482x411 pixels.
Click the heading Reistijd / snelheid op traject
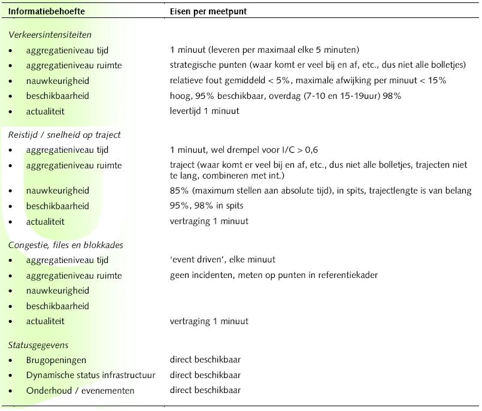[65, 135]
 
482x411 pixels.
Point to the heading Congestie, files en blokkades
[66, 245]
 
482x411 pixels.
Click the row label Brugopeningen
[56, 360]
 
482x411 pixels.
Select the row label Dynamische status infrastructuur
[90, 375]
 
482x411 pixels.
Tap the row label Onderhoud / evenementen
[80, 391]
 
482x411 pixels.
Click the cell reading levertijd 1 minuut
[205, 111]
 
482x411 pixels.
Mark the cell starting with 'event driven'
[223, 260]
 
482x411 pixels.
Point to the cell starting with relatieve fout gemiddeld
[308, 80]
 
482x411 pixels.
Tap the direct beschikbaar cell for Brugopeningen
[205, 360]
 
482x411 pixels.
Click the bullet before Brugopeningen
[11, 361]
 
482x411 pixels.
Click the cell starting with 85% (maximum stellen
[320, 191]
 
